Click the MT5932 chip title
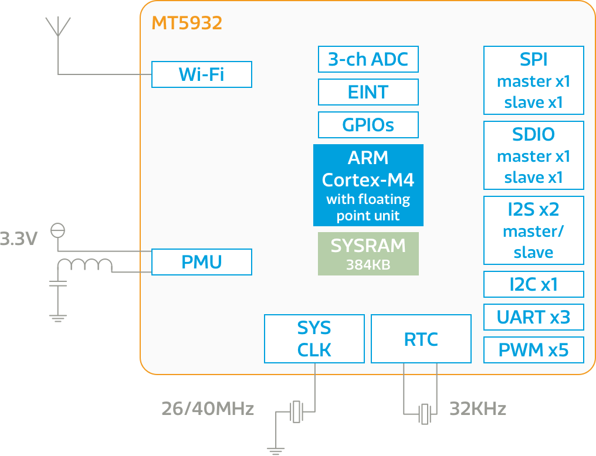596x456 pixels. point(187,23)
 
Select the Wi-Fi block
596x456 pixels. point(201,74)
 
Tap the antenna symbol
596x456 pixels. point(57,28)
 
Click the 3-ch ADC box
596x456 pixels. point(368,60)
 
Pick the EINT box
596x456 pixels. point(368,93)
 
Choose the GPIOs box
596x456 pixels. point(368,125)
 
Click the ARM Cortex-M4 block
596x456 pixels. point(368,185)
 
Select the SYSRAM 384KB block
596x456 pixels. point(368,254)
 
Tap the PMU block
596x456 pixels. point(201,262)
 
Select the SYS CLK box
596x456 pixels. point(314,339)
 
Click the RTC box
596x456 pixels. point(421,339)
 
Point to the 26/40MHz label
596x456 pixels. point(208,409)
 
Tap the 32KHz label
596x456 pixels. point(478,409)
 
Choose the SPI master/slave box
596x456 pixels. point(533,81)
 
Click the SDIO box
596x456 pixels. point(533,155)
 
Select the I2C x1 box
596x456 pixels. point(533,284)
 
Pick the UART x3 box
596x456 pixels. point(533,317)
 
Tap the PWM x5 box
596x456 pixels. point(533,350)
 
